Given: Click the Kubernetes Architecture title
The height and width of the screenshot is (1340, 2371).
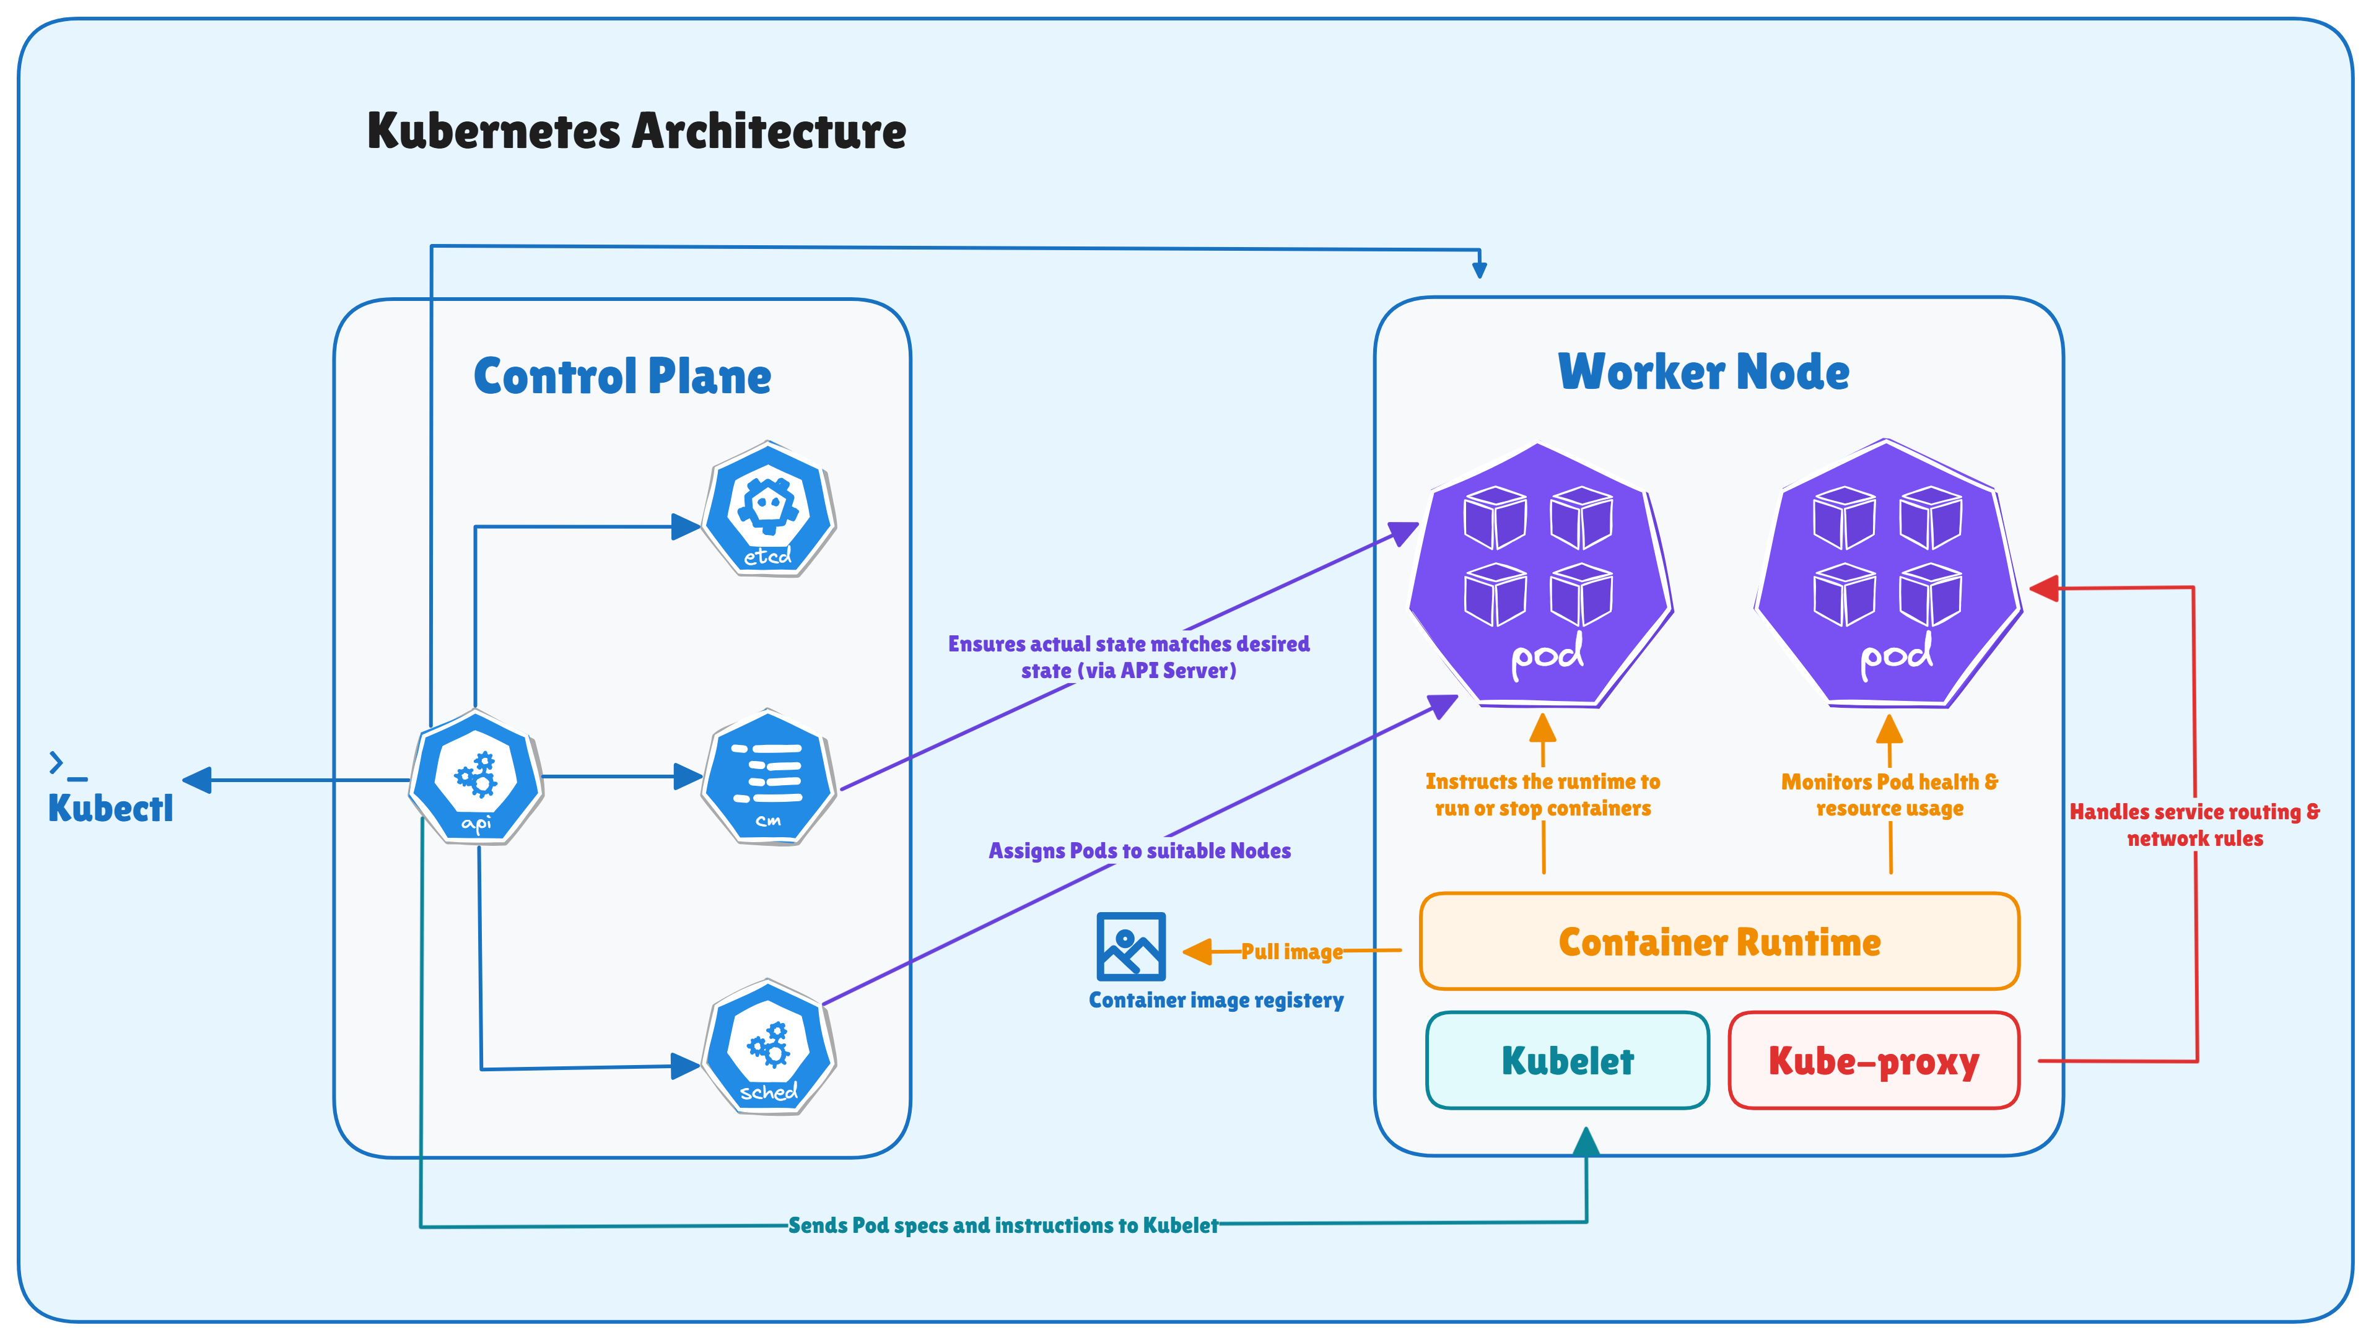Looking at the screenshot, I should tap(636, 131).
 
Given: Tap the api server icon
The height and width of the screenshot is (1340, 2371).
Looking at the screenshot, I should tap(476, 778).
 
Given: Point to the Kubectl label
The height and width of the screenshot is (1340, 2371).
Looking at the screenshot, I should tap(110, 808).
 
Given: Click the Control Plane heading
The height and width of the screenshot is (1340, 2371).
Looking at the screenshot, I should tap(622, 376).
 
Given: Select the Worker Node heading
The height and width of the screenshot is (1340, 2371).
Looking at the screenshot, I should tap(1704, 372).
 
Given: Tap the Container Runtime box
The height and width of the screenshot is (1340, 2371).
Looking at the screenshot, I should tap(1719, 941).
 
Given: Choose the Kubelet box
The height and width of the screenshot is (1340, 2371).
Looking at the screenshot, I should tap(1568, 1060).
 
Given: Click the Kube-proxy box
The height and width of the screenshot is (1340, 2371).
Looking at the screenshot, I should tap(1873, 1060).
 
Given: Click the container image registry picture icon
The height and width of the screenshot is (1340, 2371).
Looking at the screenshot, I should tap(1131, 946).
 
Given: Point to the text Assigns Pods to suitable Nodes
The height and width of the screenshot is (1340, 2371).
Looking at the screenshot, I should tap(1140, 850).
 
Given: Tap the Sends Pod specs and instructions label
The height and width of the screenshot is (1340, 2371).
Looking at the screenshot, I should tap(1002, 1225).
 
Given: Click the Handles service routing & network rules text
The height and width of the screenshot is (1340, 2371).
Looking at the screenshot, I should tap(2194, 825).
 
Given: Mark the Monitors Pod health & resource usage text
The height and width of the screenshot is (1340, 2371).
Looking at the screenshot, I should tap(1890, 794).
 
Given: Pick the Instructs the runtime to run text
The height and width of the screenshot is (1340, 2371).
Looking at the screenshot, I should tap(1543, 794).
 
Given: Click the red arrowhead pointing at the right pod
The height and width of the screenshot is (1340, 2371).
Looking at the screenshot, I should tap(2045, 588).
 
